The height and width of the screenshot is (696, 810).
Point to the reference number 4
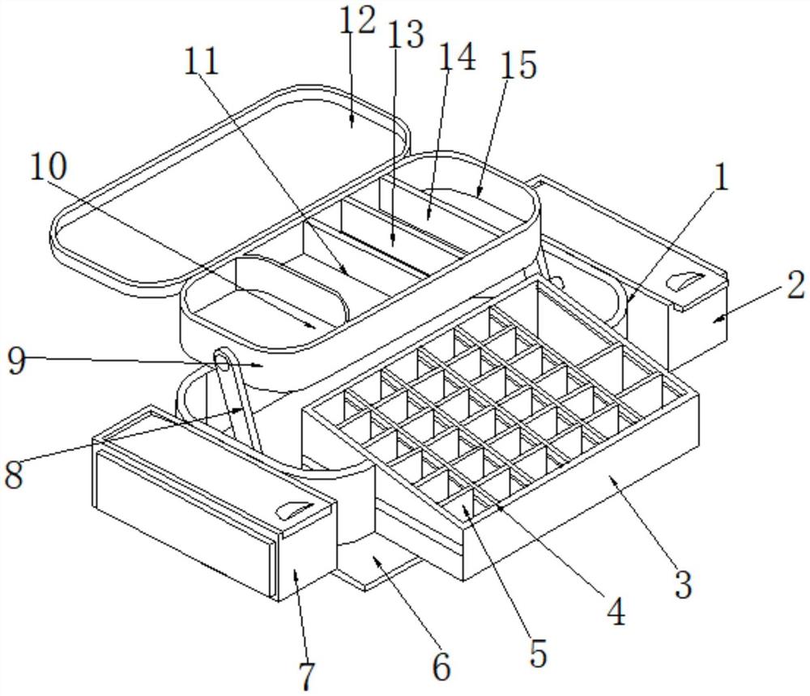616,613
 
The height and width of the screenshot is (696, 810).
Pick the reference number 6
441,666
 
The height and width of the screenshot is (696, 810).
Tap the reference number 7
307,675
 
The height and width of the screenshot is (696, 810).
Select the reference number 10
49,167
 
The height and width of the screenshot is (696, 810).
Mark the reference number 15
518,66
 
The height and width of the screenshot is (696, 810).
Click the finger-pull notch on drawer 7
293,510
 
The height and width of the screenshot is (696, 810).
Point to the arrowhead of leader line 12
352,122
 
